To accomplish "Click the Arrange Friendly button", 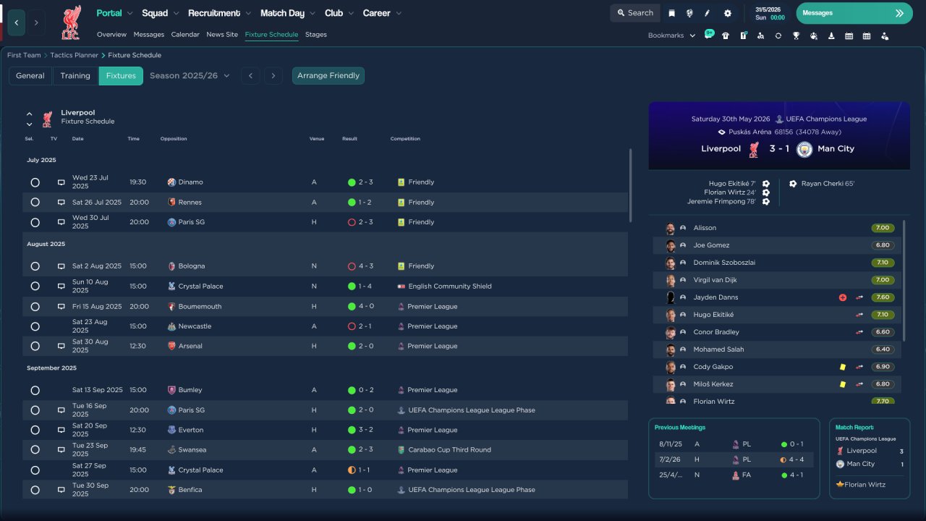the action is coord(328,76).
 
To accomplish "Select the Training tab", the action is coord(75,76).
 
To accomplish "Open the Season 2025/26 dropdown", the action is coord(190,76).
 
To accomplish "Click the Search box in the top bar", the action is coord(635,13).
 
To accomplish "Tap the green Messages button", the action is coord(854,13).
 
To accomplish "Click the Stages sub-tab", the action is coord(316,35).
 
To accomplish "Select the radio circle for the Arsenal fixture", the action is coord(35,346).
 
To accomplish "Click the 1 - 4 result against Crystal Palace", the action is coord(365,286).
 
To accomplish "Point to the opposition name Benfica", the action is coord(190,490).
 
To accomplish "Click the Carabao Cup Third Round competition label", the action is coord(449,449).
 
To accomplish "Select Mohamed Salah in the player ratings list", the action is coord(718,350).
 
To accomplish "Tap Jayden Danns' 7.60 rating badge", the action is coord(883,297).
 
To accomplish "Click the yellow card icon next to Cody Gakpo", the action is coord(843,367).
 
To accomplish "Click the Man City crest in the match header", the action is coord(804,149).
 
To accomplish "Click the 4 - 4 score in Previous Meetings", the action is coord(797,459).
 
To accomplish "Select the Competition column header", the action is coord(405,138).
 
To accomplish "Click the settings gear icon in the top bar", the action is coord(728,13).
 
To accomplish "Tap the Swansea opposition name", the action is coord(192,449).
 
